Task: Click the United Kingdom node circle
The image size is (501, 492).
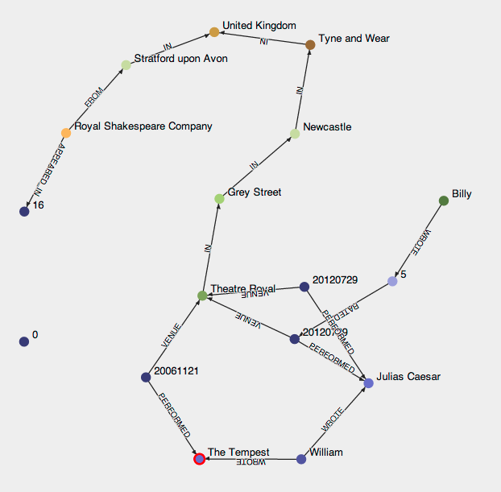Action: (x=214, y=32)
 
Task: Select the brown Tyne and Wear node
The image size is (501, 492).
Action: (x=310, y=45)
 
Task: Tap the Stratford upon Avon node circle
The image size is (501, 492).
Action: (x=126, y=65)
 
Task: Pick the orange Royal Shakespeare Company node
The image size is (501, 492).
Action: (x=66, y=133)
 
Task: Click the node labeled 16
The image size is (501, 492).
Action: (x=24, y=211)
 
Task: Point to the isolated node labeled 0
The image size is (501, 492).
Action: (x=24, y=341)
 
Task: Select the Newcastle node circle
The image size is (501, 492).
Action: (x=295, y=134)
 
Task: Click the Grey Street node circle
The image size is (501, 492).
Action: (x=219, y=198)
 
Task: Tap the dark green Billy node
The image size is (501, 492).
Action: (x=443, y=201)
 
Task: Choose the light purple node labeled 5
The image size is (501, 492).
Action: (x=392, y=281)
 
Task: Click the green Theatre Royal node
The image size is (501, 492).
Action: (x=202, y=296)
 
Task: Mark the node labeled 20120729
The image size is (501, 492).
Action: (x=304, y=287)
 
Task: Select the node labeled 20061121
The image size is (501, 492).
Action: (x=146, y=377)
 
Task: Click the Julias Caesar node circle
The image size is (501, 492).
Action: (x=368, y=383)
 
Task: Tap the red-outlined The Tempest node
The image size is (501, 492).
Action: (x=199, y=459)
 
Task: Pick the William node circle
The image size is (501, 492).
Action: (x=301, y=459)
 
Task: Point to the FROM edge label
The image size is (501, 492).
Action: (x=95, y=100)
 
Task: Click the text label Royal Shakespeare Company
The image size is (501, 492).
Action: (x=143, y=126)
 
